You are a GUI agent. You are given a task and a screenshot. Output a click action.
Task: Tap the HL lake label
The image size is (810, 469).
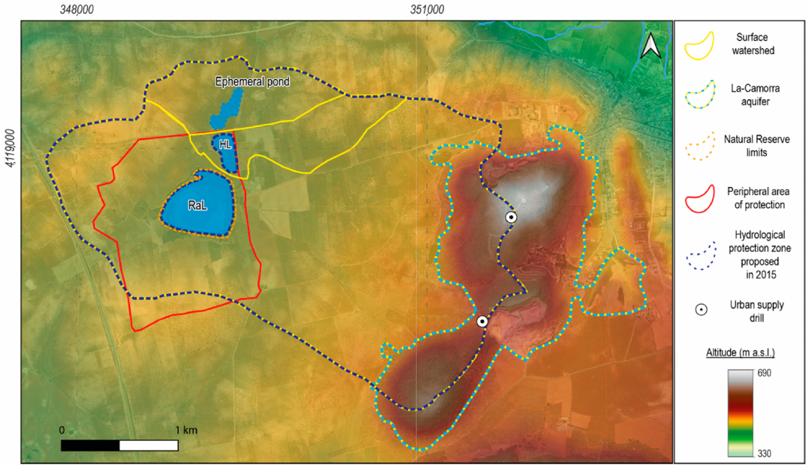[x=225, y=145]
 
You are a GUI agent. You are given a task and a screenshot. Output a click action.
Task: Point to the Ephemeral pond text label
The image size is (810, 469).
[x=252, y=82]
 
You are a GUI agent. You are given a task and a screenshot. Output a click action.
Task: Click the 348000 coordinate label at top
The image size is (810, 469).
[x=77, y=10]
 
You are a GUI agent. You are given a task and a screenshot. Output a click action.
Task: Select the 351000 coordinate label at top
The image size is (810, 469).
[x=427, y=10]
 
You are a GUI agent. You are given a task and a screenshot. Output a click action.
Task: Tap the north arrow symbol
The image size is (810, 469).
[x=651, y=46]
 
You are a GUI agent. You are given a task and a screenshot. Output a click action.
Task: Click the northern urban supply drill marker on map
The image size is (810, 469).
[x=511, y=217]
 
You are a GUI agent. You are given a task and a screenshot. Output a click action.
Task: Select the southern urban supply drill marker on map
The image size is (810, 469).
[x=482, y=321]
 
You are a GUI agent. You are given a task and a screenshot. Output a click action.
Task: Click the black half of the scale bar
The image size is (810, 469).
[x=90, y=446]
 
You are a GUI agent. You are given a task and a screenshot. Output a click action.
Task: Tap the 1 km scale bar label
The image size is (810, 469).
[x=186, y=430]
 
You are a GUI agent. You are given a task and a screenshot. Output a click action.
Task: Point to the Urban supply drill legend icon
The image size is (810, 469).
[x=701, y=310]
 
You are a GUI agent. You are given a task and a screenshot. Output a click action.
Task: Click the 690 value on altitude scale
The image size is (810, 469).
[x=764, y=373]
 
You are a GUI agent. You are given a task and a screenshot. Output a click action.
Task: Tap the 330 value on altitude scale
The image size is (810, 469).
[x=764, y=453]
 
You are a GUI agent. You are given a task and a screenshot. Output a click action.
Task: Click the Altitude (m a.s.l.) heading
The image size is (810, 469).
[x=740, y=352]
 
